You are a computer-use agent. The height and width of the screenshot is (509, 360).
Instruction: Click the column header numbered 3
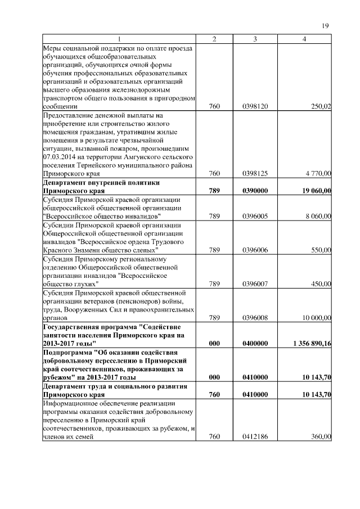255,39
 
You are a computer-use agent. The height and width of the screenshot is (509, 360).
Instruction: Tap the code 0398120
255,106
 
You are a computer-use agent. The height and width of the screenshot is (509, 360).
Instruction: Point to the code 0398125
255,174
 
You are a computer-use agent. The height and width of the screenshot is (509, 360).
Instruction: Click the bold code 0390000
255,191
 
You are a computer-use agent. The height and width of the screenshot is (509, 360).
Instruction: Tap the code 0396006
255,250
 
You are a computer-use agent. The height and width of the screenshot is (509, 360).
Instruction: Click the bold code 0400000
255,343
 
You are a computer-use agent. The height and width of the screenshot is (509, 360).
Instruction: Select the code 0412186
255,436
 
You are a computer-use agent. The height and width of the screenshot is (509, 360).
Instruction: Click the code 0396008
255,317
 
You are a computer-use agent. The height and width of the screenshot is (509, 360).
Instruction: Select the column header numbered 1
119,39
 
